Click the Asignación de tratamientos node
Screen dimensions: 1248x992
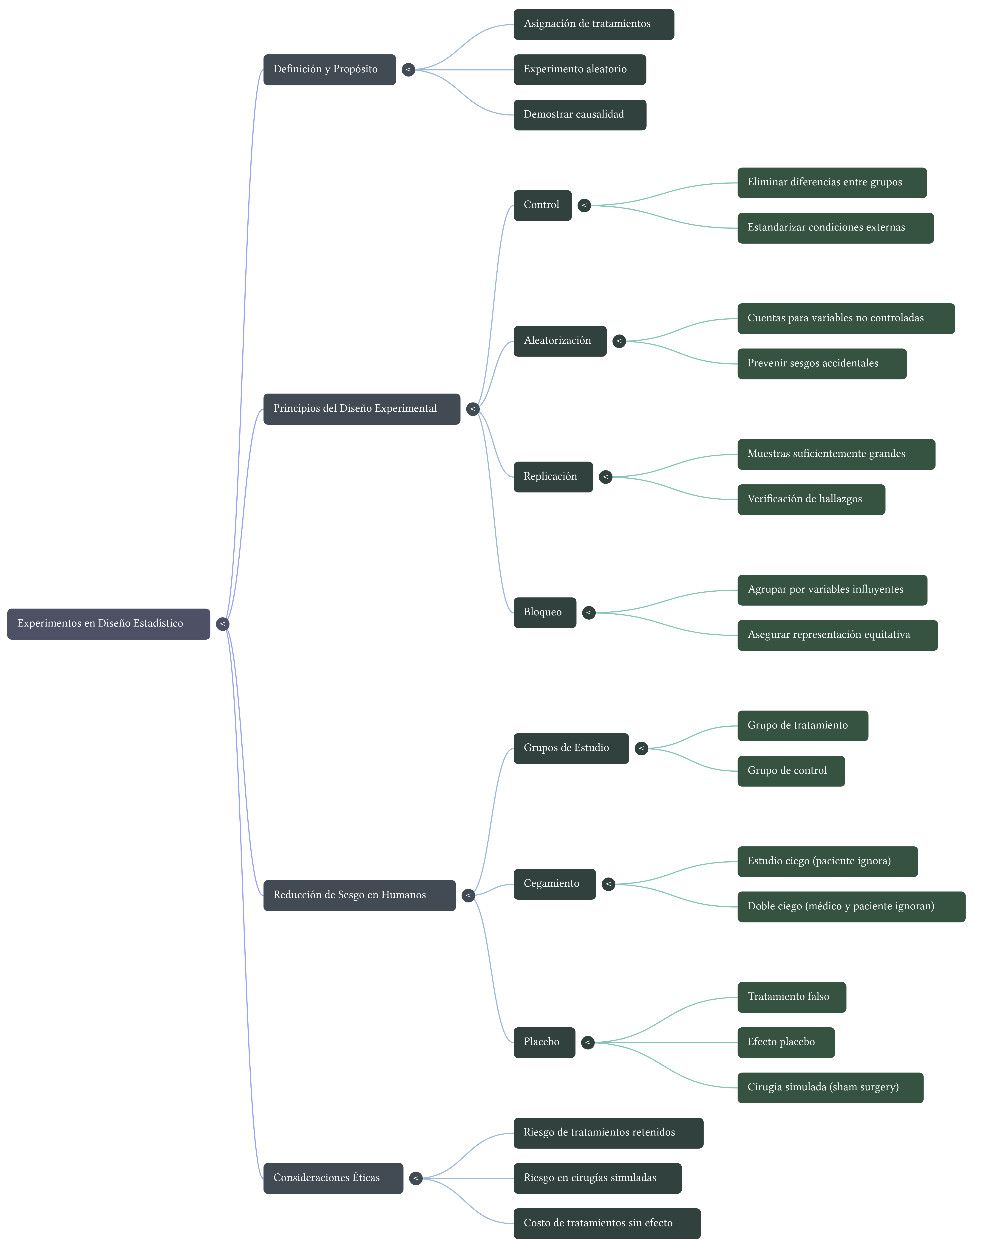[x=594, y=24]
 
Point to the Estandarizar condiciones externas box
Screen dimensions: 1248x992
[x=835, y=228]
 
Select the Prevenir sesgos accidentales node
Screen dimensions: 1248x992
[x=821, y=363]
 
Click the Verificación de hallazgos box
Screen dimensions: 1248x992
[x=811, y=499]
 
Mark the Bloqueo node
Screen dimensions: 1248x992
[x=544, y=613]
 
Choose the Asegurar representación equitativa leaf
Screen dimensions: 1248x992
[x=837, y=635]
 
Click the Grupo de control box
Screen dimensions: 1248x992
[x=791, y=770]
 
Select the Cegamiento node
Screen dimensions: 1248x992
[x=554, y=884]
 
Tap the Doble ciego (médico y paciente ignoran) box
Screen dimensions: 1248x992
[x=851, y=906]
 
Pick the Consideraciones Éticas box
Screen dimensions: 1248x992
[x=333, y=1178]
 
